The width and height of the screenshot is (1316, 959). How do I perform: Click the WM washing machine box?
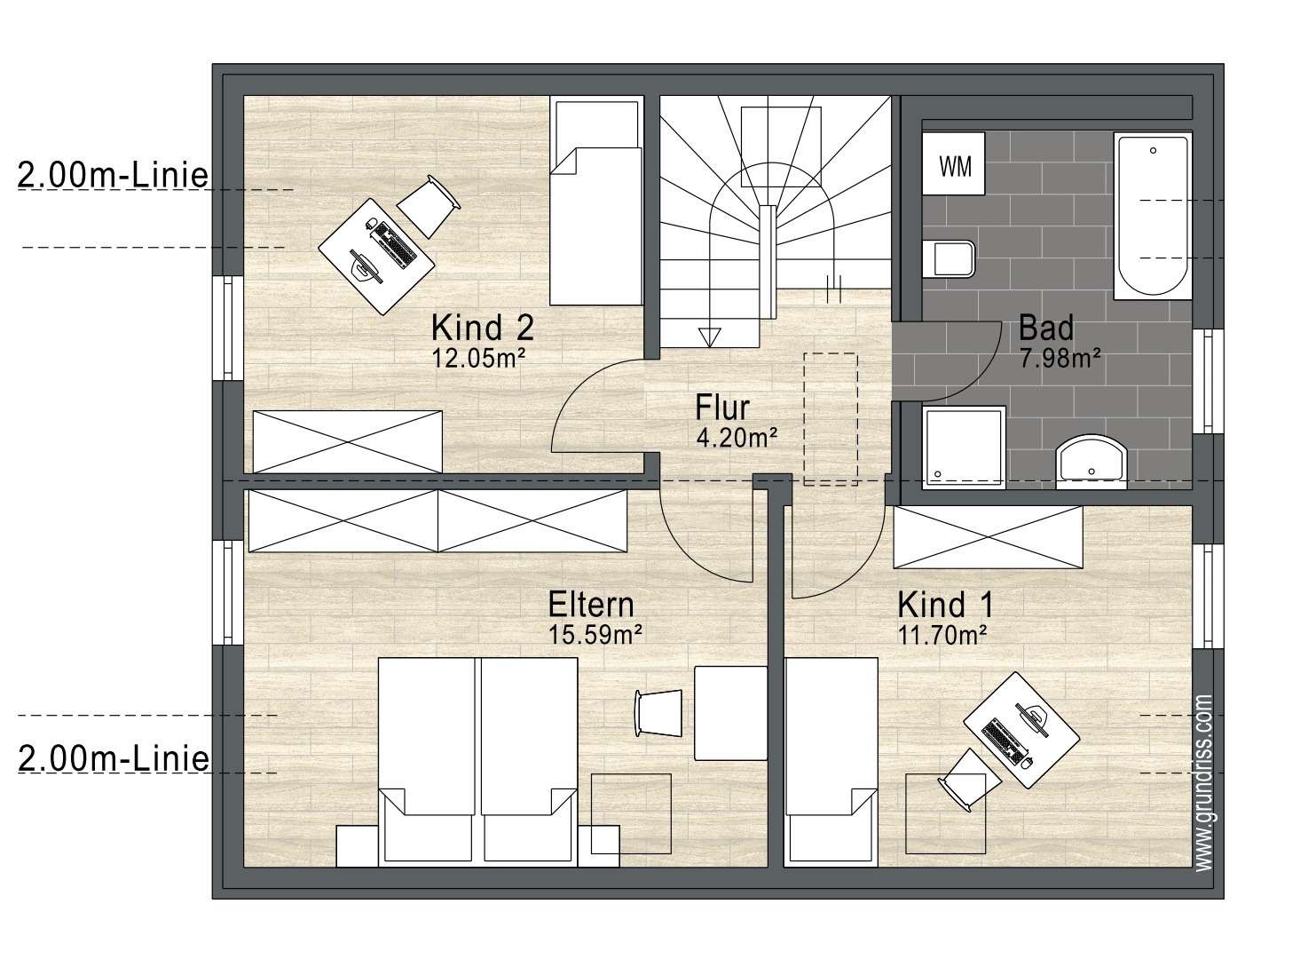953,163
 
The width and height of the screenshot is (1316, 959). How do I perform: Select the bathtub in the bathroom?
1153,216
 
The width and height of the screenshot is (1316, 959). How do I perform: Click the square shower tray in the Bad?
964,448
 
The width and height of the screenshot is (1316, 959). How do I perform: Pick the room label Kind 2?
483,328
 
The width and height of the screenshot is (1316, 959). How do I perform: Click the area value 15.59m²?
595,634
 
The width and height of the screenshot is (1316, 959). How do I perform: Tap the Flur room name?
722,407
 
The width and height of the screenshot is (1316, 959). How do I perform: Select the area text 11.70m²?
942,635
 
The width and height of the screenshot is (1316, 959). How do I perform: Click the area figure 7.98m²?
1060,358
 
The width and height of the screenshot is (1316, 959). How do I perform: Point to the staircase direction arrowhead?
710,337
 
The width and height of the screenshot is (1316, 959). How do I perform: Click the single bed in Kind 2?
595,201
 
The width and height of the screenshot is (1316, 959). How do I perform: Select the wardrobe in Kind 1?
989,537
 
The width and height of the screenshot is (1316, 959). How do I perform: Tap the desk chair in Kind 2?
429,206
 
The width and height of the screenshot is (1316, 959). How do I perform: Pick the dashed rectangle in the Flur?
831,419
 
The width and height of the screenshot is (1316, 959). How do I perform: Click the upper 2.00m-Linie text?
114,175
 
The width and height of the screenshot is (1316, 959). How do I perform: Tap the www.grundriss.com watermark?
1204,782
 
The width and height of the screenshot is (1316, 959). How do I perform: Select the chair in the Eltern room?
658,713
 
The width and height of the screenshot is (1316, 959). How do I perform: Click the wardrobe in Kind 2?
347,441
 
